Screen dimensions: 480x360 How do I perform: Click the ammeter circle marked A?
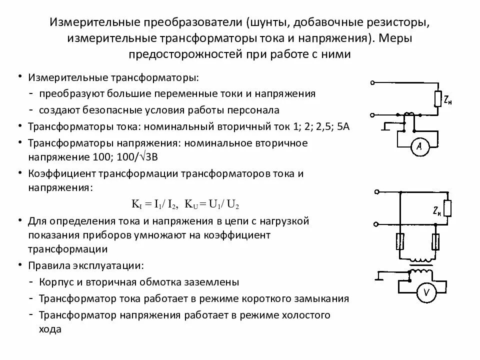click(x=419, y=146)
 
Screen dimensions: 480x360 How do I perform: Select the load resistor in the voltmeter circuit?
click(x=448, y=208)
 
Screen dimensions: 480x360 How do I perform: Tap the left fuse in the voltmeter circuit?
click(x=400, y=243)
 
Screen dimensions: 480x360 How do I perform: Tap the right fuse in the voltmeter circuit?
click(x=436, y=243)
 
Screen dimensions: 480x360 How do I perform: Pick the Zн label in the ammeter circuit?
click(x=449, y=100)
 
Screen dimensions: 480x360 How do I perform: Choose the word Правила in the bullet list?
click(x=48, y=265)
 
